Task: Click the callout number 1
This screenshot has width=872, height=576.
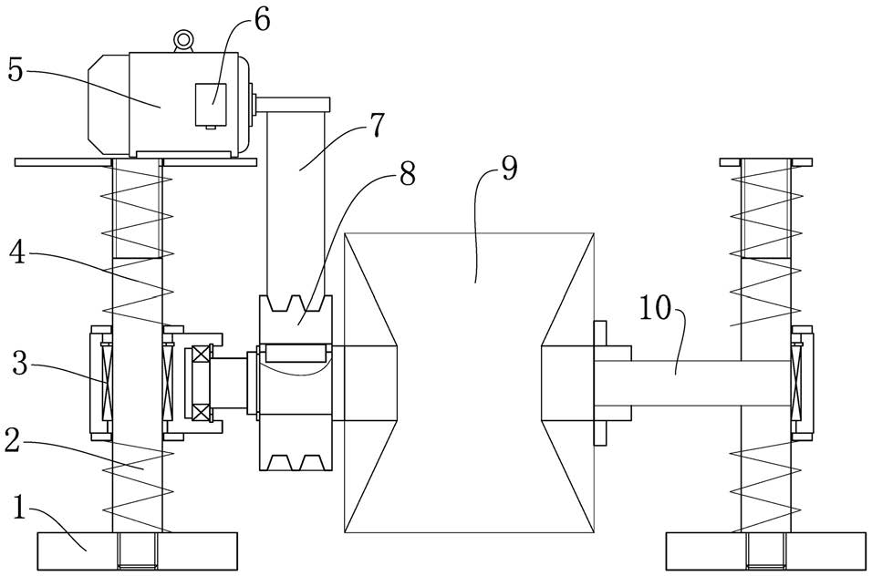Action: [19, 507]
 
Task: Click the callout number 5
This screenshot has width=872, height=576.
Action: [16, 69]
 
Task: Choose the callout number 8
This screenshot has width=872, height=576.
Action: [407, 173]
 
